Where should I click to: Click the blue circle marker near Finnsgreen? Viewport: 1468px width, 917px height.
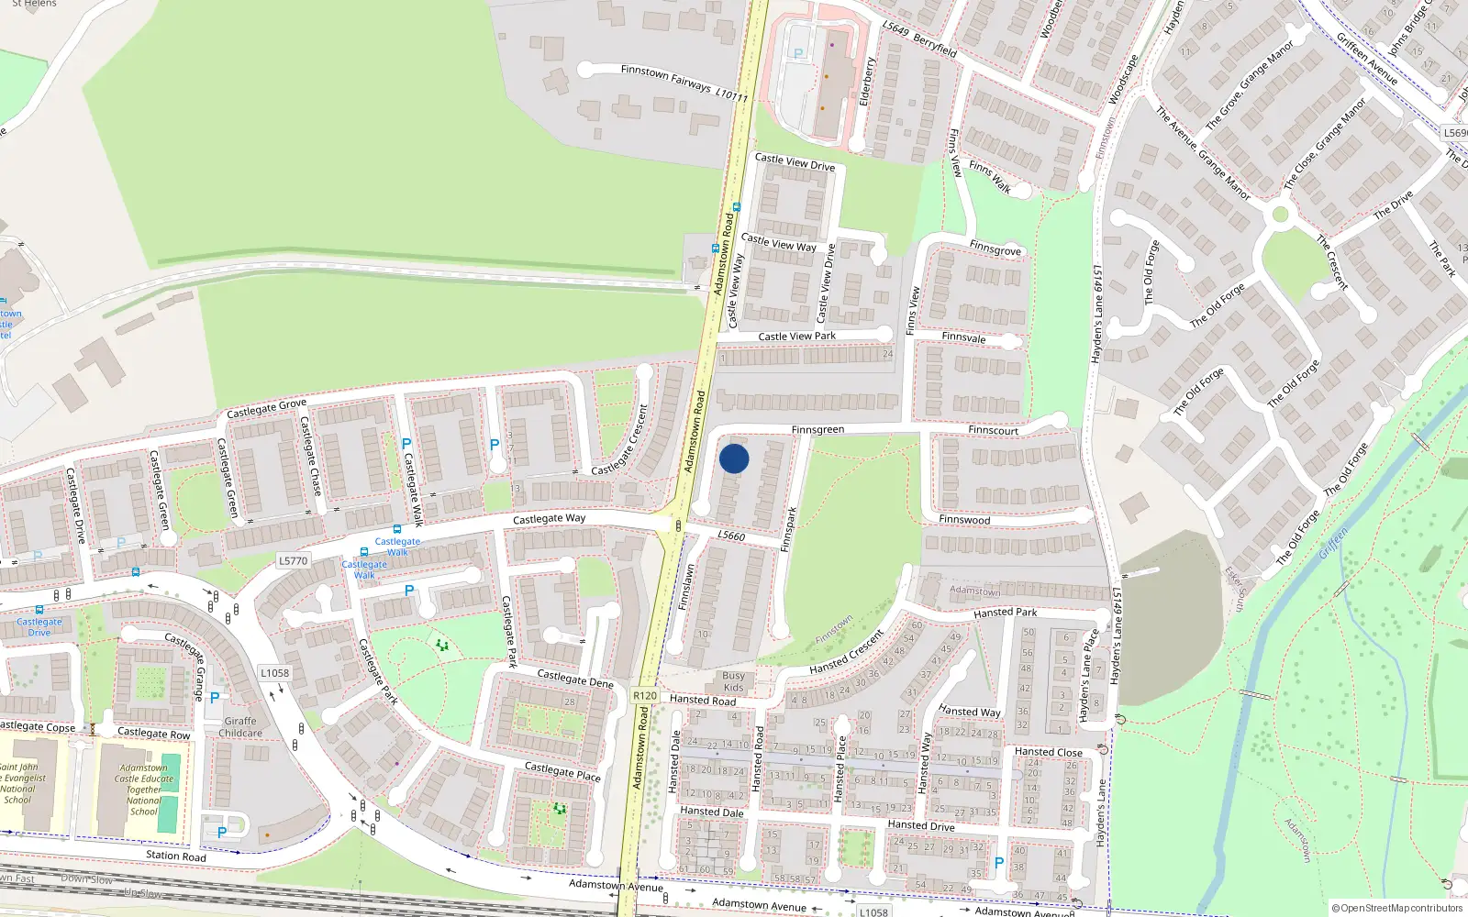click(734, 458)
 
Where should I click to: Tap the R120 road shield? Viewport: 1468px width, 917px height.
click(645, 695)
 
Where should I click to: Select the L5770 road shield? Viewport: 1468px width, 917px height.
click(293, 560)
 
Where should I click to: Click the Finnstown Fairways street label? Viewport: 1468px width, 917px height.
click(666, 78)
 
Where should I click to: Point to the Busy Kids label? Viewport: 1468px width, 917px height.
click(733, 681)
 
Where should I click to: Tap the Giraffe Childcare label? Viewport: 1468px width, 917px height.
click(240, 727)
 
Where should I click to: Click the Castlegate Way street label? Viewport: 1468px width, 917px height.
click(549, 519)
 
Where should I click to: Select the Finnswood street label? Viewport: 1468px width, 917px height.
click(964, 520)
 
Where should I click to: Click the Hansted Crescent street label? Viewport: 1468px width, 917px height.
click(846, 652)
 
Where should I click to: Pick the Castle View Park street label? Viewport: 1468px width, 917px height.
click(796, 337)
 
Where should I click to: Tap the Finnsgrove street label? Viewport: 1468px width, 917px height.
click(995, 249)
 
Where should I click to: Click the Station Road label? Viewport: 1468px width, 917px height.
click(175, 856)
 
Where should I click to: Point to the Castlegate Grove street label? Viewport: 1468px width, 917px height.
click(266, 409)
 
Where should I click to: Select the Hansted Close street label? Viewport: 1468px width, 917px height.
click(1048, 752)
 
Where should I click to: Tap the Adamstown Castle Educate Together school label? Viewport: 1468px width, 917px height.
click(143, 790)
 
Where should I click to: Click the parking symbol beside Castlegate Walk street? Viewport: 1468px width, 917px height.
click(406, 445)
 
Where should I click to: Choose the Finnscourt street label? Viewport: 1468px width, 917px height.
click(993, 430)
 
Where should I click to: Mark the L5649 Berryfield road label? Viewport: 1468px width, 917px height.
click(919, 40)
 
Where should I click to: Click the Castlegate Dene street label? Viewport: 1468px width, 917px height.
click(574, 679)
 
